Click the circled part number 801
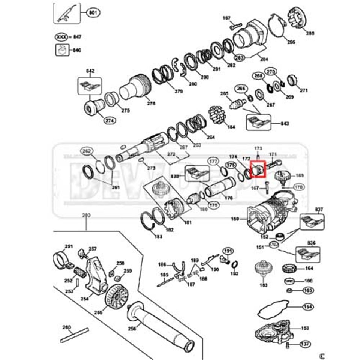coord(93,13)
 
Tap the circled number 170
coord(298,187)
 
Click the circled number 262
coord(87,152)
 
